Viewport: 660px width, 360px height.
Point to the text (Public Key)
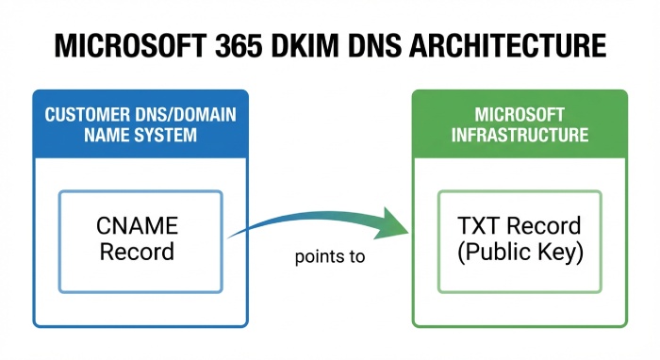pos(520,253)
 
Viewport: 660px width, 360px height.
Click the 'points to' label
pos(329,256)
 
